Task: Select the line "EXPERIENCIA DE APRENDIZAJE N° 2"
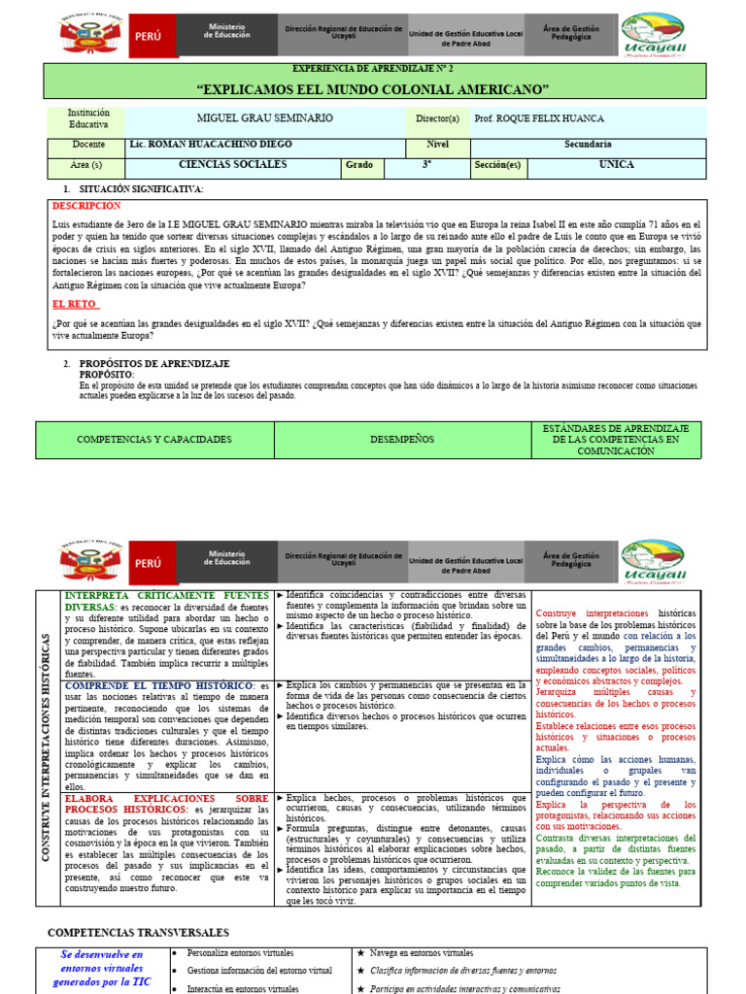pyautogui.click(x=373, y=70)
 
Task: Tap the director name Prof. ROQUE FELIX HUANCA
pyautogui.click(x=539, y=118)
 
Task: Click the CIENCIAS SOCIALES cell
pyautogui.click(x=233, y=165)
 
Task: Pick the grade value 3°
pyautogui.click(x=426, y=165)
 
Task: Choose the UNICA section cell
pyautogui.click(x=616, y=165)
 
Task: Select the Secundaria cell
pyautogui.click(x=588, y=144)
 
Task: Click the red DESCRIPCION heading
pyautogui.click(x=86, y=206)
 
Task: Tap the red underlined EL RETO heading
pyautogui.click(x=75, y=304)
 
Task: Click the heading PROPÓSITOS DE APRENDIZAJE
pyautogui.click(x=154, y=363)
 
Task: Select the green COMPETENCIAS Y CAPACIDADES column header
pyautogui.click(x=154, y=440)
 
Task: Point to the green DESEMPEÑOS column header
pyautogui.click(x=402, y=440)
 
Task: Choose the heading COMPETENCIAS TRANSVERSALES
pyautogui.click(x=139, y=932)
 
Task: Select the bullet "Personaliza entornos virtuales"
pyautogui.click(x=240, y=953)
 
